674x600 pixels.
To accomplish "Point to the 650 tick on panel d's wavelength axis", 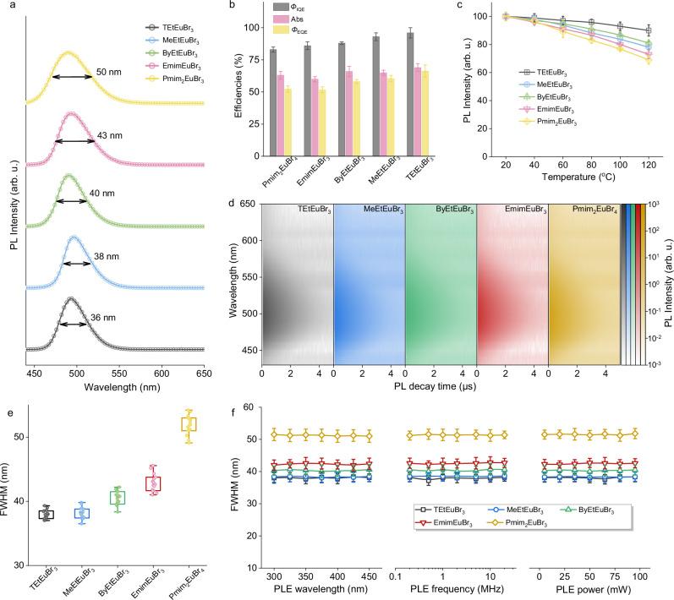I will click(250, 203).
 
